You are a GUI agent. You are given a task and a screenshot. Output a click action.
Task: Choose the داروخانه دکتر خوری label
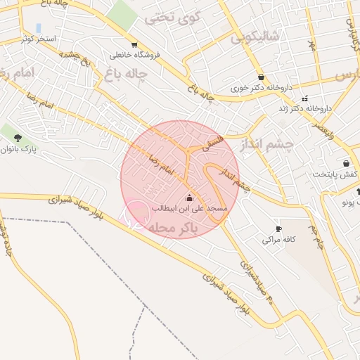tap(262, 88)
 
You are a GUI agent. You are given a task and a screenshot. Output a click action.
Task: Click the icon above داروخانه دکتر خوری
tap(262, 77)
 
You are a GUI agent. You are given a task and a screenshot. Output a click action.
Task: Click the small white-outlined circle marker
tap(136, 214)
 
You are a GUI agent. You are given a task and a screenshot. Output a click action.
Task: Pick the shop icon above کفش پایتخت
tap(346, 164)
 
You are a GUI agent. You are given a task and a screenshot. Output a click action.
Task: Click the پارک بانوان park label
tap(17, 149)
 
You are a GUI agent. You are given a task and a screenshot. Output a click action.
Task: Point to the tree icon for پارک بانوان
tap(18, 138)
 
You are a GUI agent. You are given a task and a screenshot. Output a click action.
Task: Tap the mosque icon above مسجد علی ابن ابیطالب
tap(188, 198)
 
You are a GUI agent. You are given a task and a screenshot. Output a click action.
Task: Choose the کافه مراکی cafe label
tap(276, 240)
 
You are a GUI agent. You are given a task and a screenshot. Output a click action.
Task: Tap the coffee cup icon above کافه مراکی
tap(278, 229)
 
